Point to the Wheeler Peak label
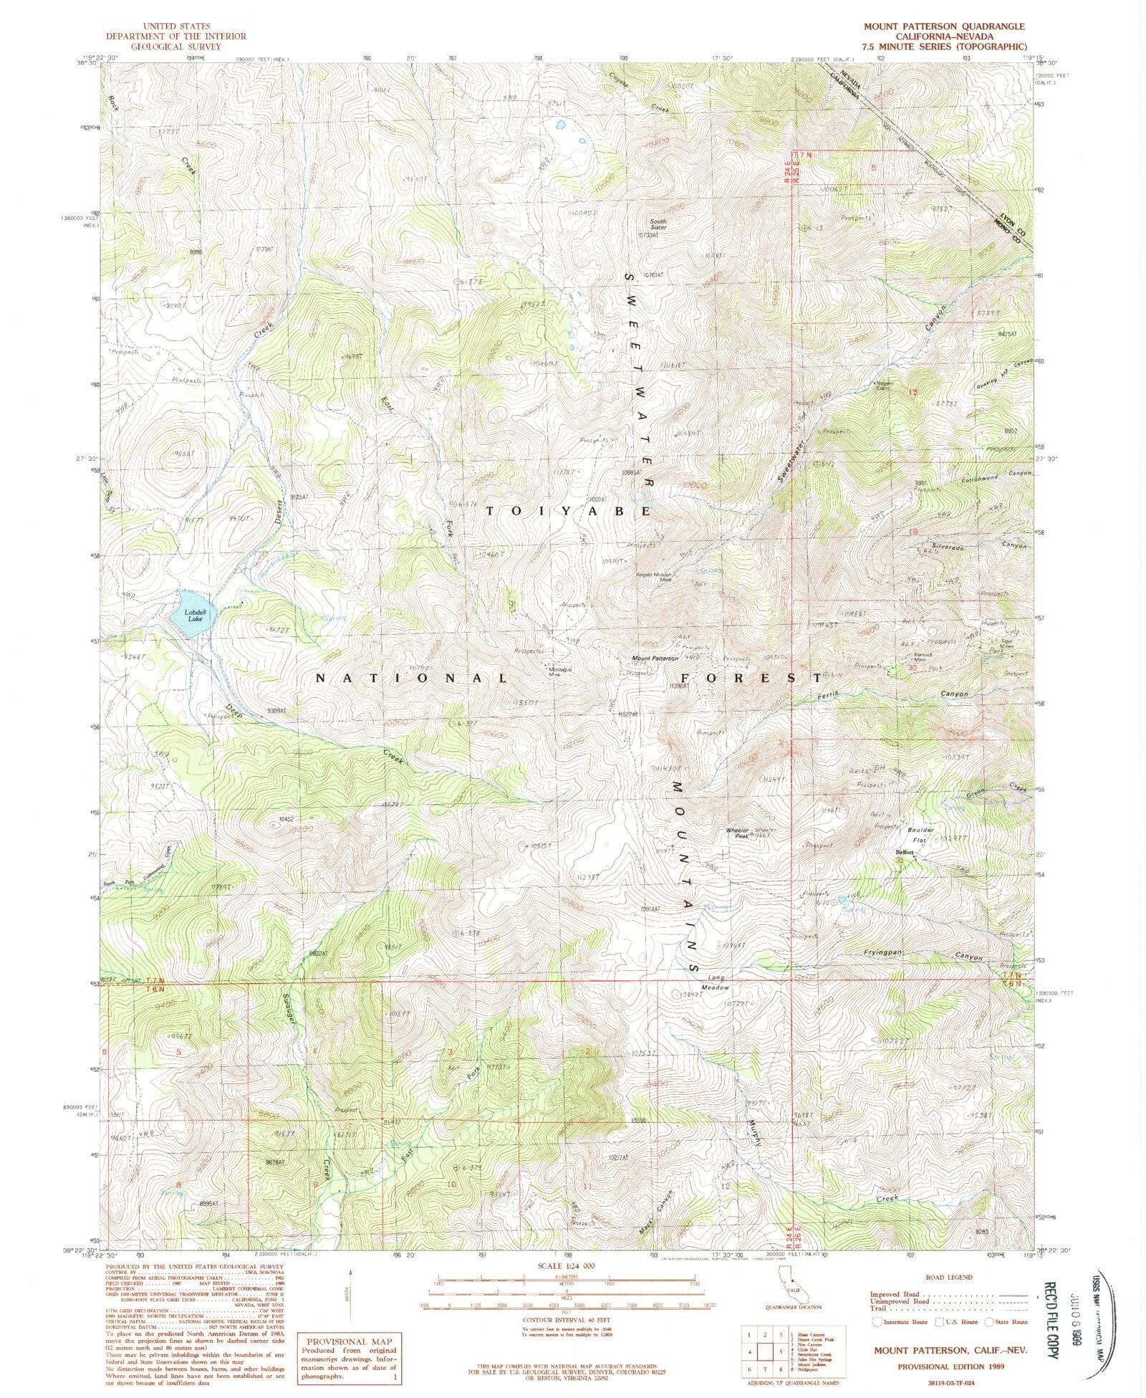coord(737,833)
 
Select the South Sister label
coord(658,224)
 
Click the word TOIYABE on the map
coord(569,512)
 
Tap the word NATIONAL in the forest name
coord(412,677)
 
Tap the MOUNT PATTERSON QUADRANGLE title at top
coord(943,27)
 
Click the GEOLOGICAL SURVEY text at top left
coord(175,46)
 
